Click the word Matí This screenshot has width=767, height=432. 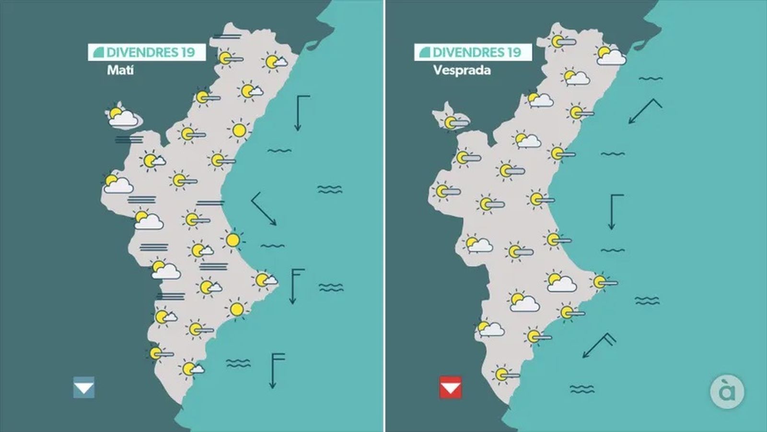[x=120, y=70]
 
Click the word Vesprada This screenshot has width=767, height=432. [x=462, y=70]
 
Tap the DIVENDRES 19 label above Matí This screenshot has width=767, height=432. [x=146, y=52]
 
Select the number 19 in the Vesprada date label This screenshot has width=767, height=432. [x=513, y=52]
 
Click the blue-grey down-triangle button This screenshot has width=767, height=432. [x=84, y=387]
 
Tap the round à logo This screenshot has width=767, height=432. [x=727, y=392]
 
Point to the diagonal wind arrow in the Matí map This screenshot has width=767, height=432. [x=263, y=209]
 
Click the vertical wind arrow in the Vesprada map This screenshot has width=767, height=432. [x=613, y=211]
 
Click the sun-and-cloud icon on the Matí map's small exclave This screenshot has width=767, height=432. [x=122, y=116]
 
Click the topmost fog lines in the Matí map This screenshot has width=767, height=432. [x=227, y=36]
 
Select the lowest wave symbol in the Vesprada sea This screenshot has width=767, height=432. [x=582, y=389]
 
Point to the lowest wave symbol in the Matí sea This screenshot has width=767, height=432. [x=238, y=363]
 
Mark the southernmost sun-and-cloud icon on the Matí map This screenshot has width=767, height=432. [x=191, y=369]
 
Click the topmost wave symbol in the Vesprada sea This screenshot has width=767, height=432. [x=651, y=78]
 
